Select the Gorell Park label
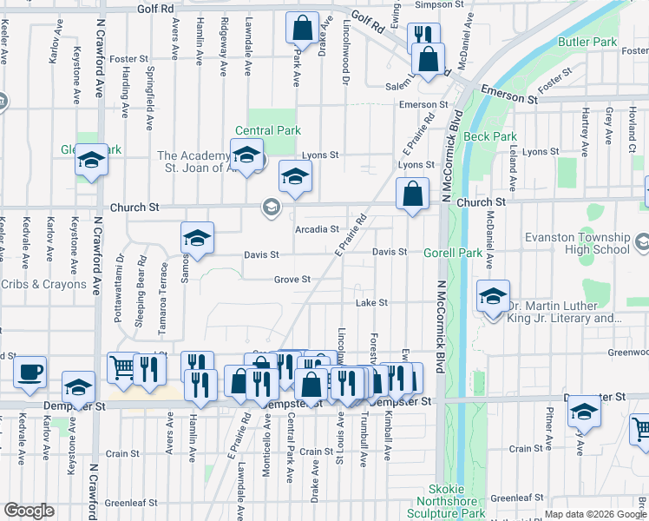(452, 253)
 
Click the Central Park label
(268, 131)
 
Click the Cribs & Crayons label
(44, 284)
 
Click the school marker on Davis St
(197, 238)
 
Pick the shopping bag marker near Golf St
(301, 28)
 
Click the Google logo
(29, 511)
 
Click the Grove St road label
(292, 280)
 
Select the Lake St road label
(370, 303)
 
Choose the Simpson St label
(435, 4)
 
